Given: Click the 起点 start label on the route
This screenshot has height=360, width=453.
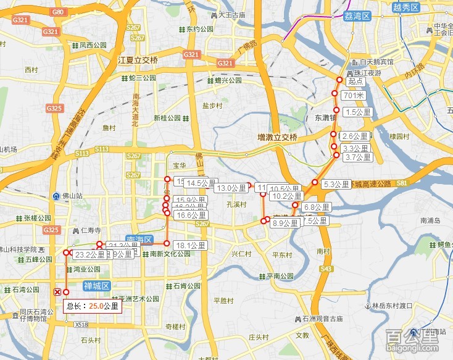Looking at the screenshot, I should click(x=355, y=81).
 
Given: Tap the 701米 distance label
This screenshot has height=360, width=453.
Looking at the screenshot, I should click(x=353, y=96).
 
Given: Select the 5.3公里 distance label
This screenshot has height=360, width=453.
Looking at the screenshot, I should click(x=336, y=184).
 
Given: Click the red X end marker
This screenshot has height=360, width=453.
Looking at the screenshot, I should click(x=57, y=291).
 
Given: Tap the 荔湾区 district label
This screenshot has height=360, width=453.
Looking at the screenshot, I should click(x=357, y=17).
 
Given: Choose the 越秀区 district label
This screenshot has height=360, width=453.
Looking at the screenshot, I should click(x=405, y=7).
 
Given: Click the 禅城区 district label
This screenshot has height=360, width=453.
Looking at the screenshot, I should click(x=97, y=286).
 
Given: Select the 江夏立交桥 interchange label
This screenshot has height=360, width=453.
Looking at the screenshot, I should click(x=138, y=61).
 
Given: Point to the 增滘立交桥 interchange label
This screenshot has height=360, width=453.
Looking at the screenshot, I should click(x=278, y=137).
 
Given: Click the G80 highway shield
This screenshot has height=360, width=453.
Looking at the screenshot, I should click(x=59, y=12).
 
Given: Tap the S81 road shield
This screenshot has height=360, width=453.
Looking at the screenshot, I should click(x=402, y=183).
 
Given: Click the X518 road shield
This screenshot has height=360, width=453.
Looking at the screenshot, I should click(x=81, y=324).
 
